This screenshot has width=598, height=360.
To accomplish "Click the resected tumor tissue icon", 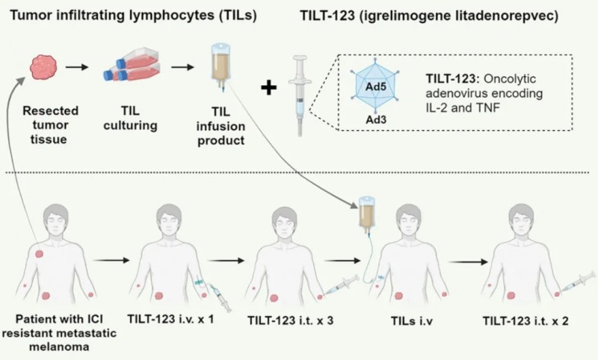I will pyautogui.click(x=44, y=66).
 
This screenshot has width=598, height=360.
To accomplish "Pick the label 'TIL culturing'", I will pyautogui.click(x=132, y=118).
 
